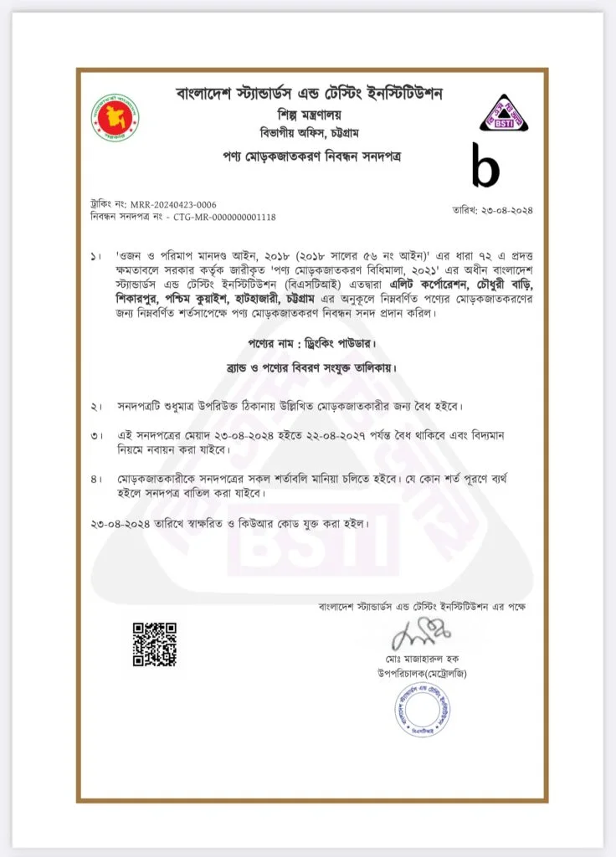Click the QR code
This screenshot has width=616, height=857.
click(155, 644)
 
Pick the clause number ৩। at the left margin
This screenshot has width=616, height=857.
click(96, 436)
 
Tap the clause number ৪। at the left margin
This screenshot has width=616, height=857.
click(96, 480)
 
